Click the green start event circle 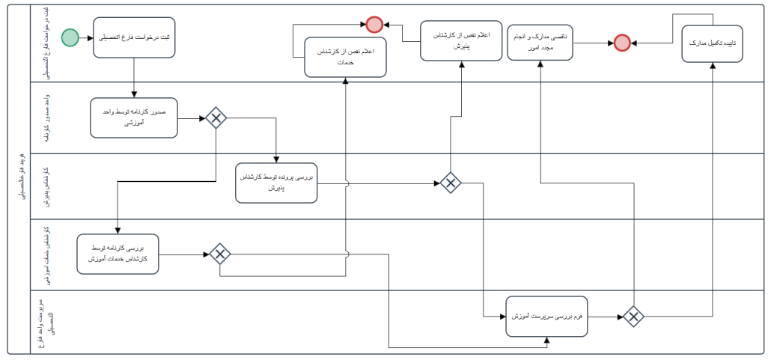pyautogui.click(x=70, y=37)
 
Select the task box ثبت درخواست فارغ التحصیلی pyautogui.click(x=135, y=37)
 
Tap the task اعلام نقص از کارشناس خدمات pyautogui.click(x=346, y=58)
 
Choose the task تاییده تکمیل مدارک pyautogui.click(x=712, y=44)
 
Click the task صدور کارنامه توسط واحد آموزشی pyautogui.click(x=134, y=118)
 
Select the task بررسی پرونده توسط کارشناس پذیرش pyautogui.click(x=276, y=183)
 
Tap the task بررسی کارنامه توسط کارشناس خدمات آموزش pyautogui.click(x=118, y=254)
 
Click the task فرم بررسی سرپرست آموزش pyautogui.click(x=546, y=317)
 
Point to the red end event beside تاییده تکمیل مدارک pyautogui.click(x=622, y=43)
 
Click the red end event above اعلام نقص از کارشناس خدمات pyautogui.click(x=375, y=25)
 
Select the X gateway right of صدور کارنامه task pyautogui.click(x=216, y=118)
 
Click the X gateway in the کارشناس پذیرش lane pyautogui.click(x=449, y=183)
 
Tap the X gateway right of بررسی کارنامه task pyautogui.click(x=219, y=254)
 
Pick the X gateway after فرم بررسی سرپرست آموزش pyautogui.click(x=633, y=317)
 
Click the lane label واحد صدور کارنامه pyautogui.click(x=46, y=118)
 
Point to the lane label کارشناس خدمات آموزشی pyautogui.click(x=46, y=254)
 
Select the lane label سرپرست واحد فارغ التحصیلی pyautogui.click(x=43, y=321)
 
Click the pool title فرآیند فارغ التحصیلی pyautogui.click(x=19, y=180)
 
